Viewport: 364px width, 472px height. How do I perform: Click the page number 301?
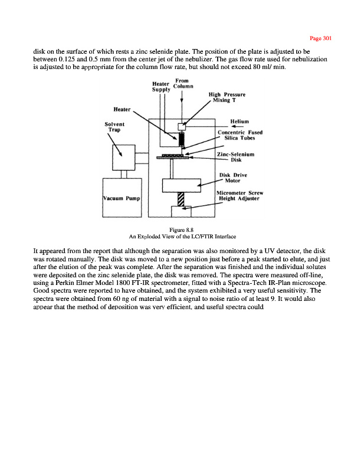pyautogui.click(x=322, y=38)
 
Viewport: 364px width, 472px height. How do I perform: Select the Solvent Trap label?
pyautogui.click(x=114, y=127)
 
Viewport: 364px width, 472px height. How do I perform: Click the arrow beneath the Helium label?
pyautogui.click(x=237, y=126)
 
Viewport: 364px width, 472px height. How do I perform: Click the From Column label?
pyautogui.click(x=183, y=84)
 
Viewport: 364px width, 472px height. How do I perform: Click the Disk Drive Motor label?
pyautogui.click(x=234, y=178)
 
